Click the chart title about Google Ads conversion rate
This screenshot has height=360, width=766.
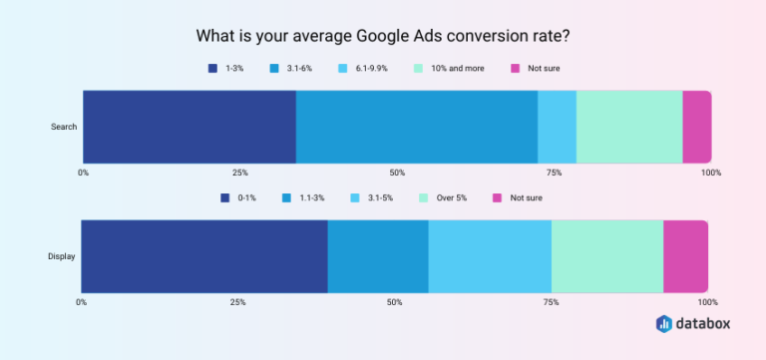pyautogui.click(x=382, y=38)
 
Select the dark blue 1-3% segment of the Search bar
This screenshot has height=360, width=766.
pyautogui.click(x=190, y=127)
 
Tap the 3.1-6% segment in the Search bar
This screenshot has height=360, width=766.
pyautogui.click(x=417, y=127)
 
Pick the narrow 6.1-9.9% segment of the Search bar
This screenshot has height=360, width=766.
pyautogui.click(x=557, y=127)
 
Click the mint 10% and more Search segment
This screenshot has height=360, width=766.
pyautogui.click(x=629, y=127)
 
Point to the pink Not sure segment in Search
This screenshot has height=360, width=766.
pyautogui.click(x=697, y=127)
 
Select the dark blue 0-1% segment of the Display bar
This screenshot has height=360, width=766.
pyautogui.click(x=204, y=256)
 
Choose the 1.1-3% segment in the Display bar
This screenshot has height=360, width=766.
pyautogui.click(x=378, y=256)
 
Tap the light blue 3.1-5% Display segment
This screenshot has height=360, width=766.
pyautogui.click(x=490, y=256)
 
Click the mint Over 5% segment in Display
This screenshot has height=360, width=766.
pyautogui.click(x=607, y=256)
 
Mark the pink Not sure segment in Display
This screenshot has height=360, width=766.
pyautogui.click(x=685, y=256)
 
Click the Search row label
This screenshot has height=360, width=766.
pyautogui.click(x=64, y=127)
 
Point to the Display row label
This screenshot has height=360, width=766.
pyautogui.click(x=62, y=256)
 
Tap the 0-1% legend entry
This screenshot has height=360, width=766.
pyautogui.click(x=239, y=197)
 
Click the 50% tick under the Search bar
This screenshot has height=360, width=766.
pyautogui.click(x=397, y=173)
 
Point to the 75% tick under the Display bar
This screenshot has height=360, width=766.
pyautogui.click(x=551, y=302)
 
